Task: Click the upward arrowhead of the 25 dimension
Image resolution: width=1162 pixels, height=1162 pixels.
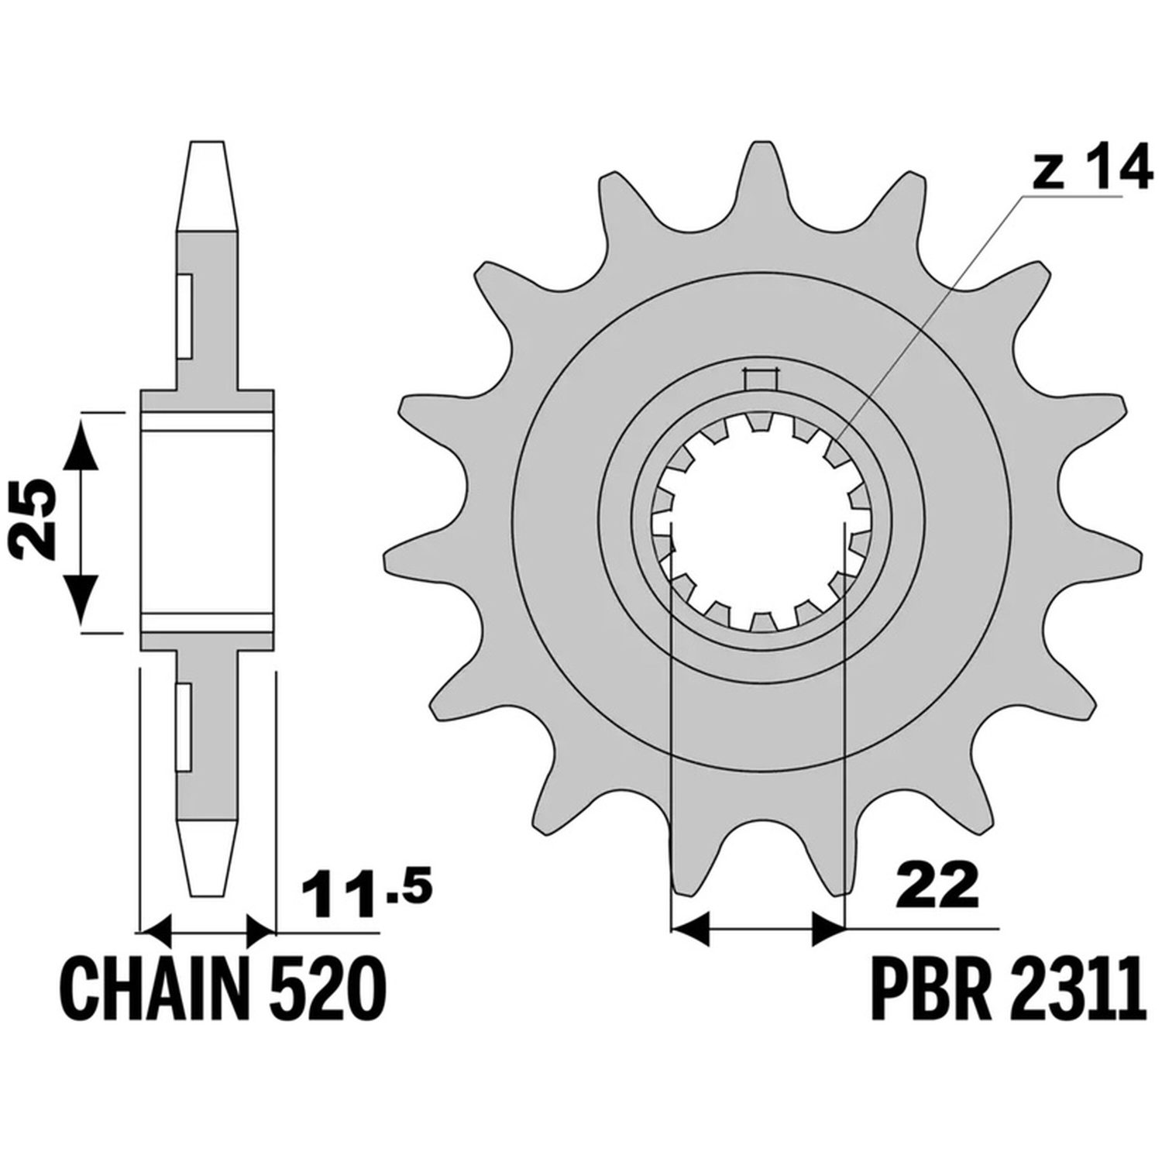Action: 81,442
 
